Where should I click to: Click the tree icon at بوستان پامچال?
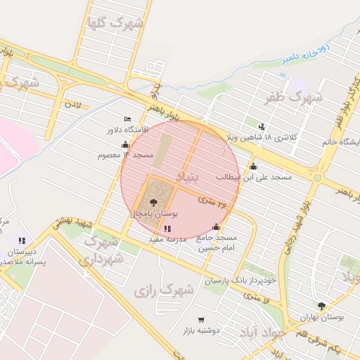pos(154,202)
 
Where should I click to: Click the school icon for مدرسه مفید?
pos(167,229)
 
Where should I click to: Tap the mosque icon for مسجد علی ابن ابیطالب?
pos(253,167)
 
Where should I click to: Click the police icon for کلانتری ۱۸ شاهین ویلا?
pos(262,127)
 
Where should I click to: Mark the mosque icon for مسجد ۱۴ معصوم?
pos(126,144)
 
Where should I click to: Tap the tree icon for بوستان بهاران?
pos(322,306)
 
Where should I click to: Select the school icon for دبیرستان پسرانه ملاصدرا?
pos(22,241)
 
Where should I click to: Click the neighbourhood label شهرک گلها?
pos(114,24)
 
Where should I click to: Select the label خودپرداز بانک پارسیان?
pos(231,281)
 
